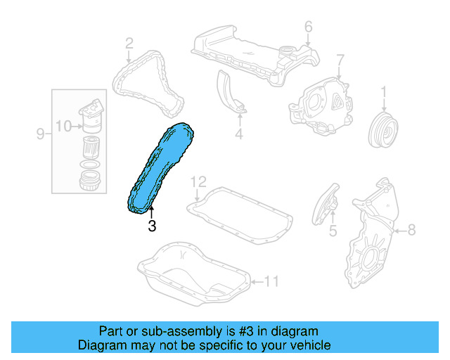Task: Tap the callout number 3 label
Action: (151, 226)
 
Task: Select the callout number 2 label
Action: (129, 44)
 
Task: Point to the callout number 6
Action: (308, 27)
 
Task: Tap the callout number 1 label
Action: (384, 91)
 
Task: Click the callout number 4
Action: (238, 133)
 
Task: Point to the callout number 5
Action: (333, 229)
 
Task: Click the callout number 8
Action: (412, 229)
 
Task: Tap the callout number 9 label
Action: (40, 133)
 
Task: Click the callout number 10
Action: (63, 127)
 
